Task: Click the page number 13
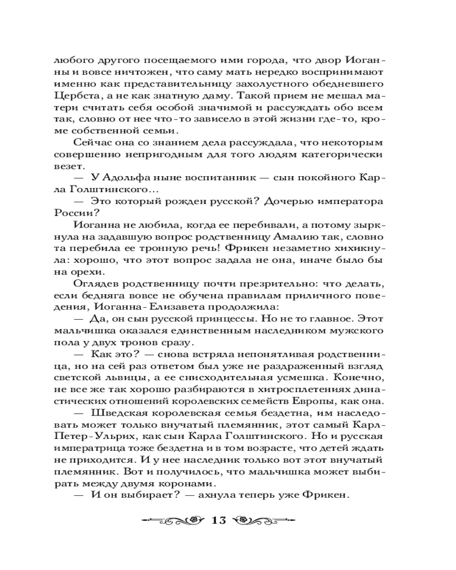219,520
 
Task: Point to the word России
71,214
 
